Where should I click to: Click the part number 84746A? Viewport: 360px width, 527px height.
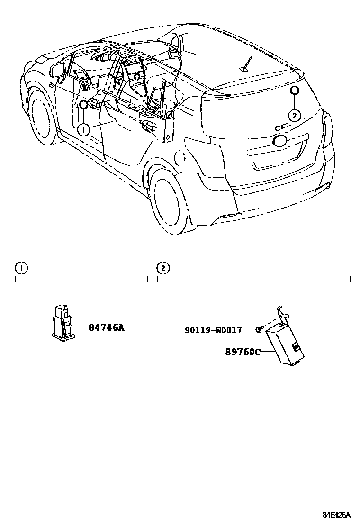[x=106, y=327]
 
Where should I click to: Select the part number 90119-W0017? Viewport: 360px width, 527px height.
[x=213, y=330]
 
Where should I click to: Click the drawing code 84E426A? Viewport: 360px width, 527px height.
[x=336, y=515]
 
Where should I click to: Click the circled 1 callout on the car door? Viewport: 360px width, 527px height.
[x=83, y=128]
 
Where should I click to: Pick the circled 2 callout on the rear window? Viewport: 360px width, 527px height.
[x=294, y=115]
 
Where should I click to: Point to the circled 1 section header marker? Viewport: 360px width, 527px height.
[x=21, y=268]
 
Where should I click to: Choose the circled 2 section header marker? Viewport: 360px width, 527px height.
[x=162, y=268]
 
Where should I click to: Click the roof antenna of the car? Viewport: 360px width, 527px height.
[x=246, y=65]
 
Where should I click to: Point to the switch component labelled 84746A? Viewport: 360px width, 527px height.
[x=63, y=323]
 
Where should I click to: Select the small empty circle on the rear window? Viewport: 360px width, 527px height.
[x=294, y=91]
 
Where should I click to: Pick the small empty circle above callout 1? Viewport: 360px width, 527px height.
[x=83, y=105]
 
